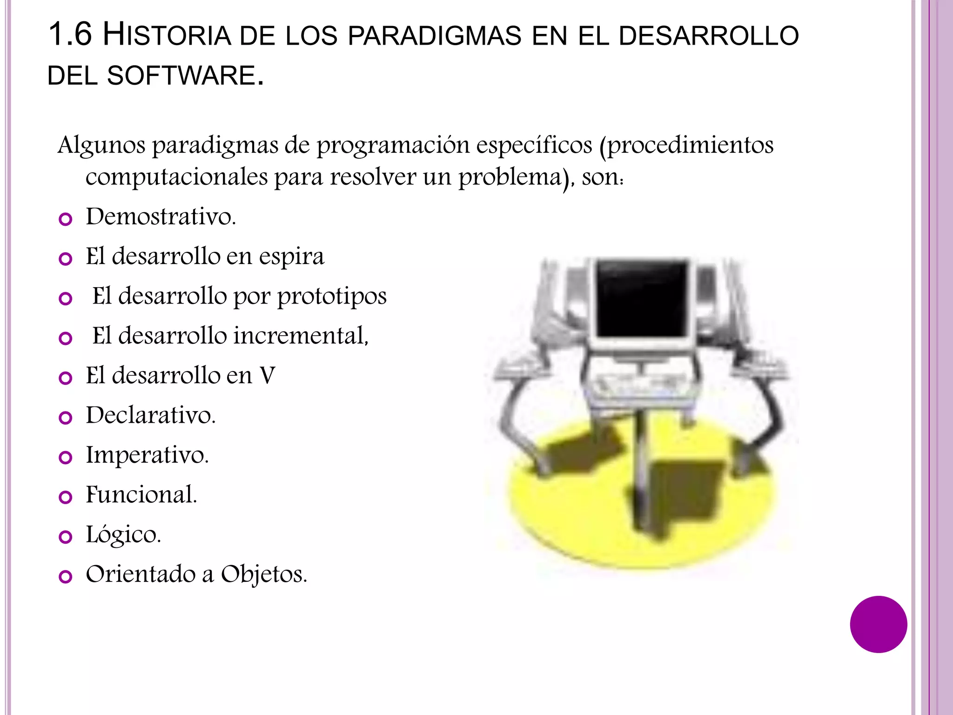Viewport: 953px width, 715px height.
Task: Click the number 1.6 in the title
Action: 70,34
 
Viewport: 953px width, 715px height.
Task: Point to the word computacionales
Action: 177,177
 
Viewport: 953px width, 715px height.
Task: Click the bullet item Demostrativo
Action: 161,216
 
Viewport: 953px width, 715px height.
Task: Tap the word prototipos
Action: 332,297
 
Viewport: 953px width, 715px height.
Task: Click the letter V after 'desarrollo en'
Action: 268,376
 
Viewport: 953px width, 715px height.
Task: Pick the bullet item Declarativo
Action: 151,415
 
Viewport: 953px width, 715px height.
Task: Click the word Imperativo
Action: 147,455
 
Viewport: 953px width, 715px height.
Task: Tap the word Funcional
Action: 141,495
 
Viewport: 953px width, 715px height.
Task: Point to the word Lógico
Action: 123,535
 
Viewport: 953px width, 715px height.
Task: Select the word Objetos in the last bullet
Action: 264,574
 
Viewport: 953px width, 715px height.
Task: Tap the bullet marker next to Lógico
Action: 66,537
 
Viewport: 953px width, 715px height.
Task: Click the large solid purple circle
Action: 878,624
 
